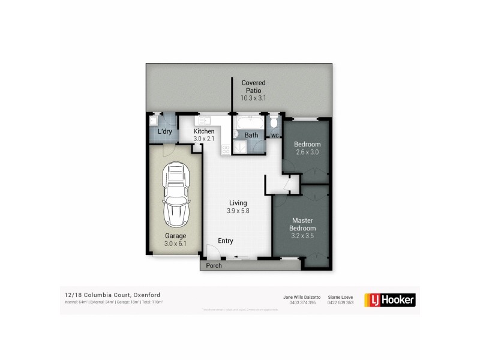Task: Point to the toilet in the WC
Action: click(x=274, y=123)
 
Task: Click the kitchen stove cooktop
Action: click(x=226, y=149)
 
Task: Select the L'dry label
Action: click(x=165, y=131)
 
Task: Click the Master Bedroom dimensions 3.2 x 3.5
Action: click(x=303, y=236)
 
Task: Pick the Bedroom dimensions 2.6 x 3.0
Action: click(x=307, y=152)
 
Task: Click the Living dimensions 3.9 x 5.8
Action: click(x=238, y=211)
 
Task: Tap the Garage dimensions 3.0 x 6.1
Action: click(x=176, y=244)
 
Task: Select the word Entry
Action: click(x=226, y=241)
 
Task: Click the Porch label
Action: click(x=214, y=265)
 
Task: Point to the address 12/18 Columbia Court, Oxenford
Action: click(x=112, y=295)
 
